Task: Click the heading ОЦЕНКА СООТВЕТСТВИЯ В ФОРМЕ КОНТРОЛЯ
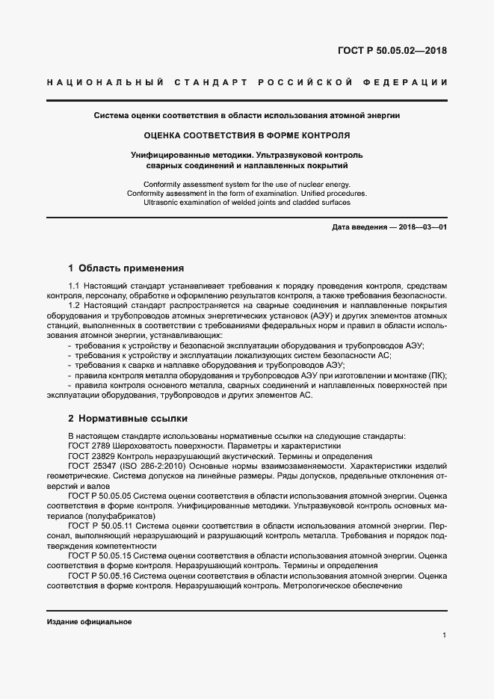247,136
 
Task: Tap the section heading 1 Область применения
126,268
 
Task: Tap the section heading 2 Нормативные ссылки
127,419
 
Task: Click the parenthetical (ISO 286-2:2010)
151,466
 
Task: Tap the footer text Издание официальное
89,623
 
